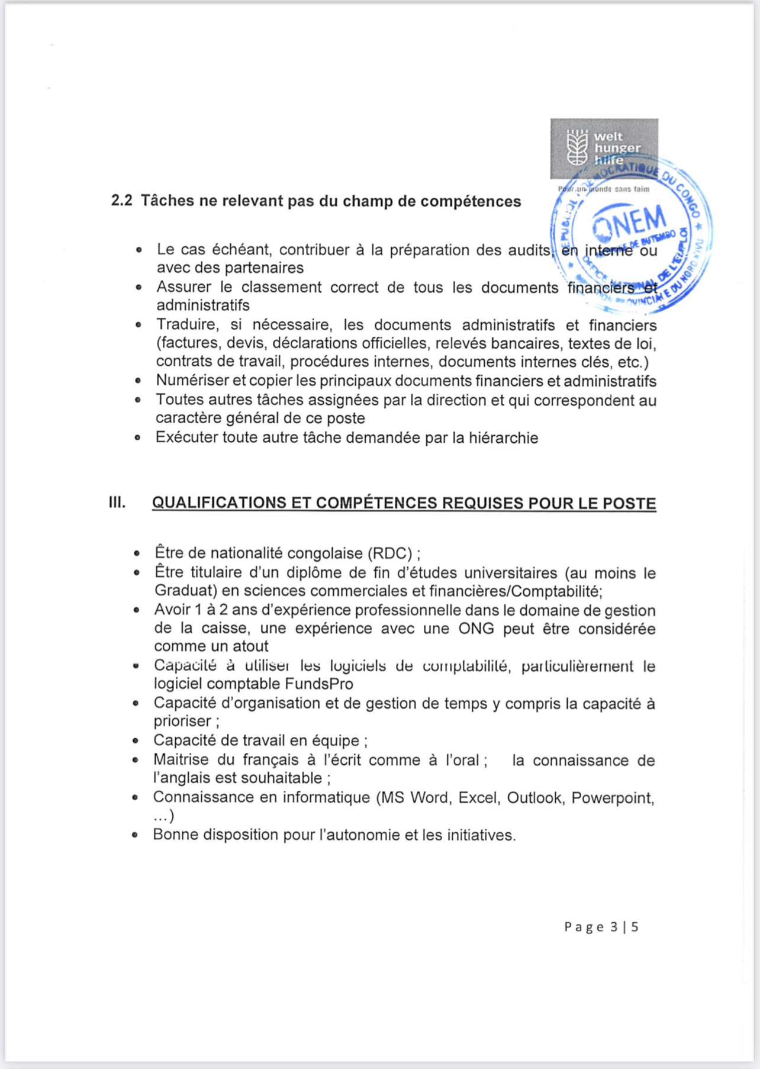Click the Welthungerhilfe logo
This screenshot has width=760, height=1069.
604,148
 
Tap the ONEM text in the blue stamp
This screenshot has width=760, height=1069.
629,223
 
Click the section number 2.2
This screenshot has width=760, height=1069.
121,201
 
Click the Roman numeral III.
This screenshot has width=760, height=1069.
117,503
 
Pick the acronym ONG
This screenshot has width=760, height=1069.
476,628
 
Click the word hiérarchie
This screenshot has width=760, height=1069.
504,438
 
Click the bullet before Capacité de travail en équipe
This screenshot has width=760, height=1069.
136,741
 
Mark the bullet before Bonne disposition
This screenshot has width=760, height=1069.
136,835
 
